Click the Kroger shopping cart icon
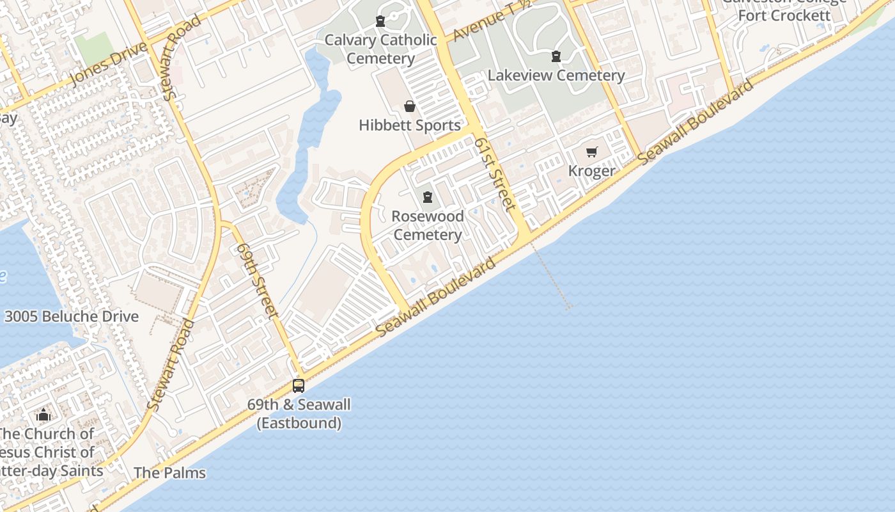(592, 152)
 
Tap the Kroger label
(592, 171)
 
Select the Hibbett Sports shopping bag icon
(410, 106)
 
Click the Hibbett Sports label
(410, 125)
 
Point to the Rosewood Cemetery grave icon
(428, 197)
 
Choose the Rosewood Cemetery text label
(428, 225)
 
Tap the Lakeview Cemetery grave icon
(556, 56)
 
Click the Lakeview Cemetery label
(556, 76)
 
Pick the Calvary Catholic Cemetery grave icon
(380, 21)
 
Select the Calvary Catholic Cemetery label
(381, 49)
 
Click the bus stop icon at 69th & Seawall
(299, 385)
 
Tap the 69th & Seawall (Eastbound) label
(299, 413)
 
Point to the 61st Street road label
(495, 173)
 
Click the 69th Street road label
(257, 280)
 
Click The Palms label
(169, 473)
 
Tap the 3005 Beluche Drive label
(72, 316)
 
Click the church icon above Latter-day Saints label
(43, 415)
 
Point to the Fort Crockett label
(784, 14)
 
